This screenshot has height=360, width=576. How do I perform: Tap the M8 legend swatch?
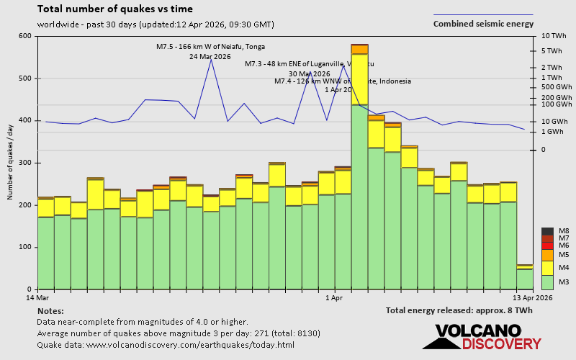coord(547,231)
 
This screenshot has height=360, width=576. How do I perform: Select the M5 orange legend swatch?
coord(547,255)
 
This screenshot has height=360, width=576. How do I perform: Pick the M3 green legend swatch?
coord(547,282)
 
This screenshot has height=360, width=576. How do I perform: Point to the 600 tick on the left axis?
coord(25,36)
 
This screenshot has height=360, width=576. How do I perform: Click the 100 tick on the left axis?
coord(25,247)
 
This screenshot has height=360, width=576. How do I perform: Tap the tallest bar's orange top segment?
coord(360,49)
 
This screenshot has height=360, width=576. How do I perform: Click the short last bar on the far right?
coord(525,278)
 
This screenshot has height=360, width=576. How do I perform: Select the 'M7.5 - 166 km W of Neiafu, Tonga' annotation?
coord(210,47)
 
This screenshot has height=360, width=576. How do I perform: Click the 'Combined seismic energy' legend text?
coord(483,24)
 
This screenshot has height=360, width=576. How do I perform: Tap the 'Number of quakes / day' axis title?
coord(10,163)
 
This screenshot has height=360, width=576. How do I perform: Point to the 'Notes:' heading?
coord(50,310)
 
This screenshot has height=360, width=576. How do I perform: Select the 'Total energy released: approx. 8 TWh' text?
coord(459,310)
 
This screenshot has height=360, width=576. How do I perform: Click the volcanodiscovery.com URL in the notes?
coord(166,345)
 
